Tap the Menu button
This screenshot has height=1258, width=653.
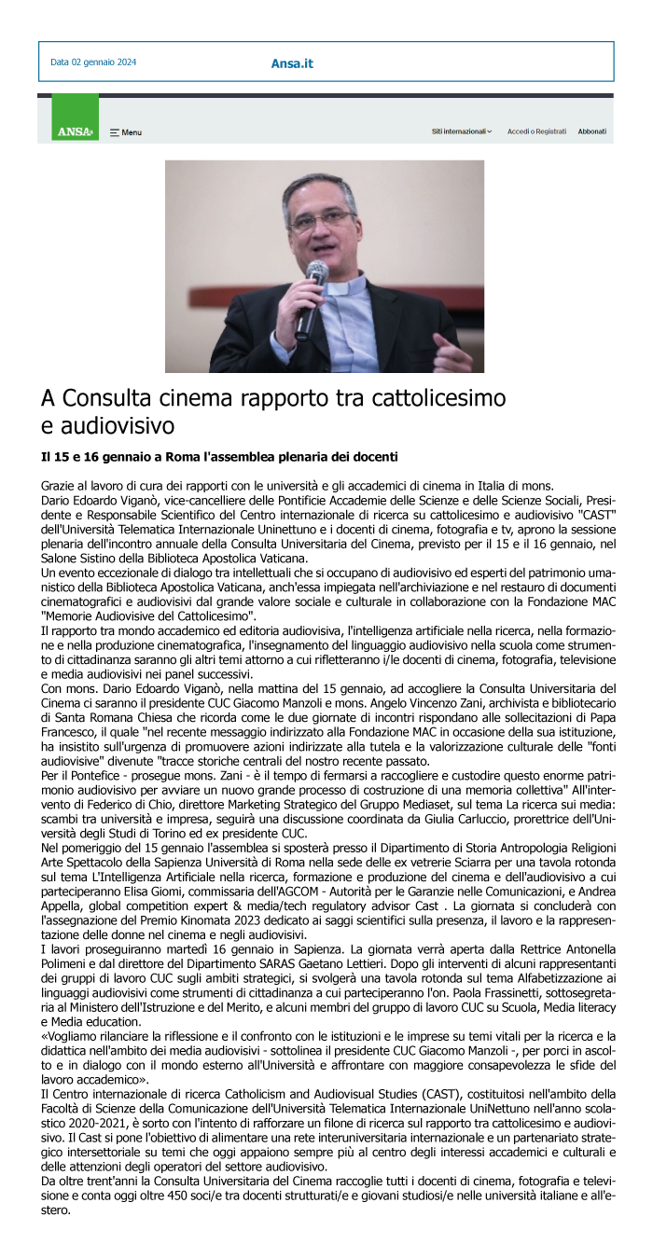(126, 132)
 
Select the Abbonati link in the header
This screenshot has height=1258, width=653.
(591, 131)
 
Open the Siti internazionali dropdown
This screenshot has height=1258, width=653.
(462, 131)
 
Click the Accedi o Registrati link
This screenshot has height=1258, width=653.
(536, 131)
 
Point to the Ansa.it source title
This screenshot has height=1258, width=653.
(292, 63)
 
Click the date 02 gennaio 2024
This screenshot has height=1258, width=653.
(93, 62)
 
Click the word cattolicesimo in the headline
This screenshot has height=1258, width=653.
(438, 398)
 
